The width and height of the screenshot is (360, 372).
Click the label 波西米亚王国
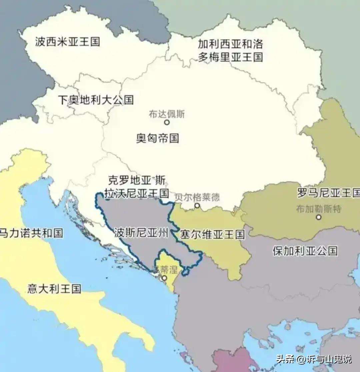coord(67,42)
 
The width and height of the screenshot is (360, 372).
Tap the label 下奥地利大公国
coord(96,100)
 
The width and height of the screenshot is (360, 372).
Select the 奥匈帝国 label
coord(157,138)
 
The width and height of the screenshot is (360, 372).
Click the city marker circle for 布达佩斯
coord(167,122)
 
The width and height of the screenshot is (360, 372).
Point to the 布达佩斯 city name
coord(167,114)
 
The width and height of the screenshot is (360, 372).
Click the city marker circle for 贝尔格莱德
coord(197,206)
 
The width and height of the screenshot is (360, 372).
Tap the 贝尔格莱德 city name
coord(197,197)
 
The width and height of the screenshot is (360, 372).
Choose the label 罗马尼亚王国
coord(328,193)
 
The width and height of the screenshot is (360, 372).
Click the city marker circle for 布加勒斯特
coord(319,217)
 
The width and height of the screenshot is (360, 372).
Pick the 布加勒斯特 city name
coord(319,209)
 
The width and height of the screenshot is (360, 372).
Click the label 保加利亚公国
coord(305,251)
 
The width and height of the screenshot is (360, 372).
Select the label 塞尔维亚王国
coord(212,234)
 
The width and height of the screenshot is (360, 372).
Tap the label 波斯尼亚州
coord(141,232)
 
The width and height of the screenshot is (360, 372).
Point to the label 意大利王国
coord(54,289)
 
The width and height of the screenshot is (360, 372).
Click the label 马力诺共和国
coord(31,233)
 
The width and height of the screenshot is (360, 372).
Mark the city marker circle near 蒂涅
coord(164,278)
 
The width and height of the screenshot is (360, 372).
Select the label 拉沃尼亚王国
coord(136,193)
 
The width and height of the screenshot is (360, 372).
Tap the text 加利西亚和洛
coord(230,44)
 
